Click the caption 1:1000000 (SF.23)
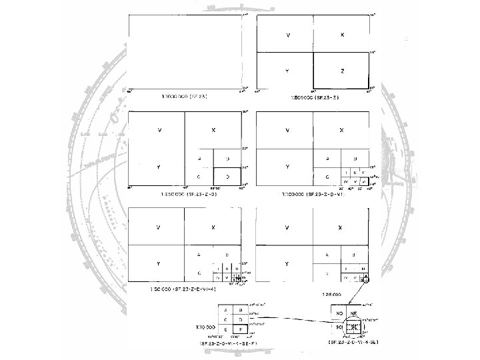pyautogui.click(x=181, y=97)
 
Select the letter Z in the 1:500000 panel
pyautogui.click(x=342, y=70)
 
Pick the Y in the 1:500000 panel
pyautogui.click(x=287, y=70)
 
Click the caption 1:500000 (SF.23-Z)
pyautogui.click(x=311, y=97)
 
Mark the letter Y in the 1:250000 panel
pyautogui.click(x=159, y=166)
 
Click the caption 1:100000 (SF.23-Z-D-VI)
pyautogui.click(x=311, y=194)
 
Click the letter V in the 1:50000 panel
pyautogui.click(x=159, y=227)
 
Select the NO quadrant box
pyautogui.click(x=339, y=313)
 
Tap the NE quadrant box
pyautogui.click(x=355, y=313)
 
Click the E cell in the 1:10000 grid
pyautogui.click(x=226, y=329)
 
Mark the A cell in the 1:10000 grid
pyautogui.click(x=226, y=310)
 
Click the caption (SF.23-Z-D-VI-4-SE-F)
pyautogui.click(x=231, y=342)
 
